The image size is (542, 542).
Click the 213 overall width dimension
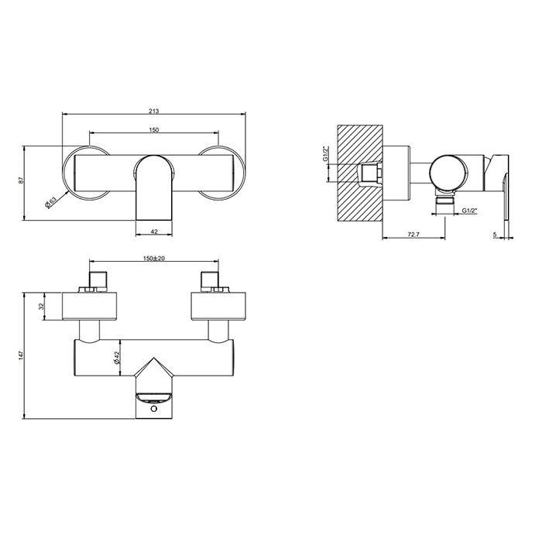(x=155, y=110)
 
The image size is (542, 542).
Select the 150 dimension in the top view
(x=155, y=129)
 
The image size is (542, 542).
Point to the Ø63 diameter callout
(x=51, y=203)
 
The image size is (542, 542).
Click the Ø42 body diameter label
(x=117, y=357)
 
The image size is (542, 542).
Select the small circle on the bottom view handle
(x=154, y=407)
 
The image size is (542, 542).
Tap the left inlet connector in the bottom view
(x=98, y=282)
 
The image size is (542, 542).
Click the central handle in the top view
(x=153, y=186)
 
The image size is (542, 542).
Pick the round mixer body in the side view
(x=449, y=170)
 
